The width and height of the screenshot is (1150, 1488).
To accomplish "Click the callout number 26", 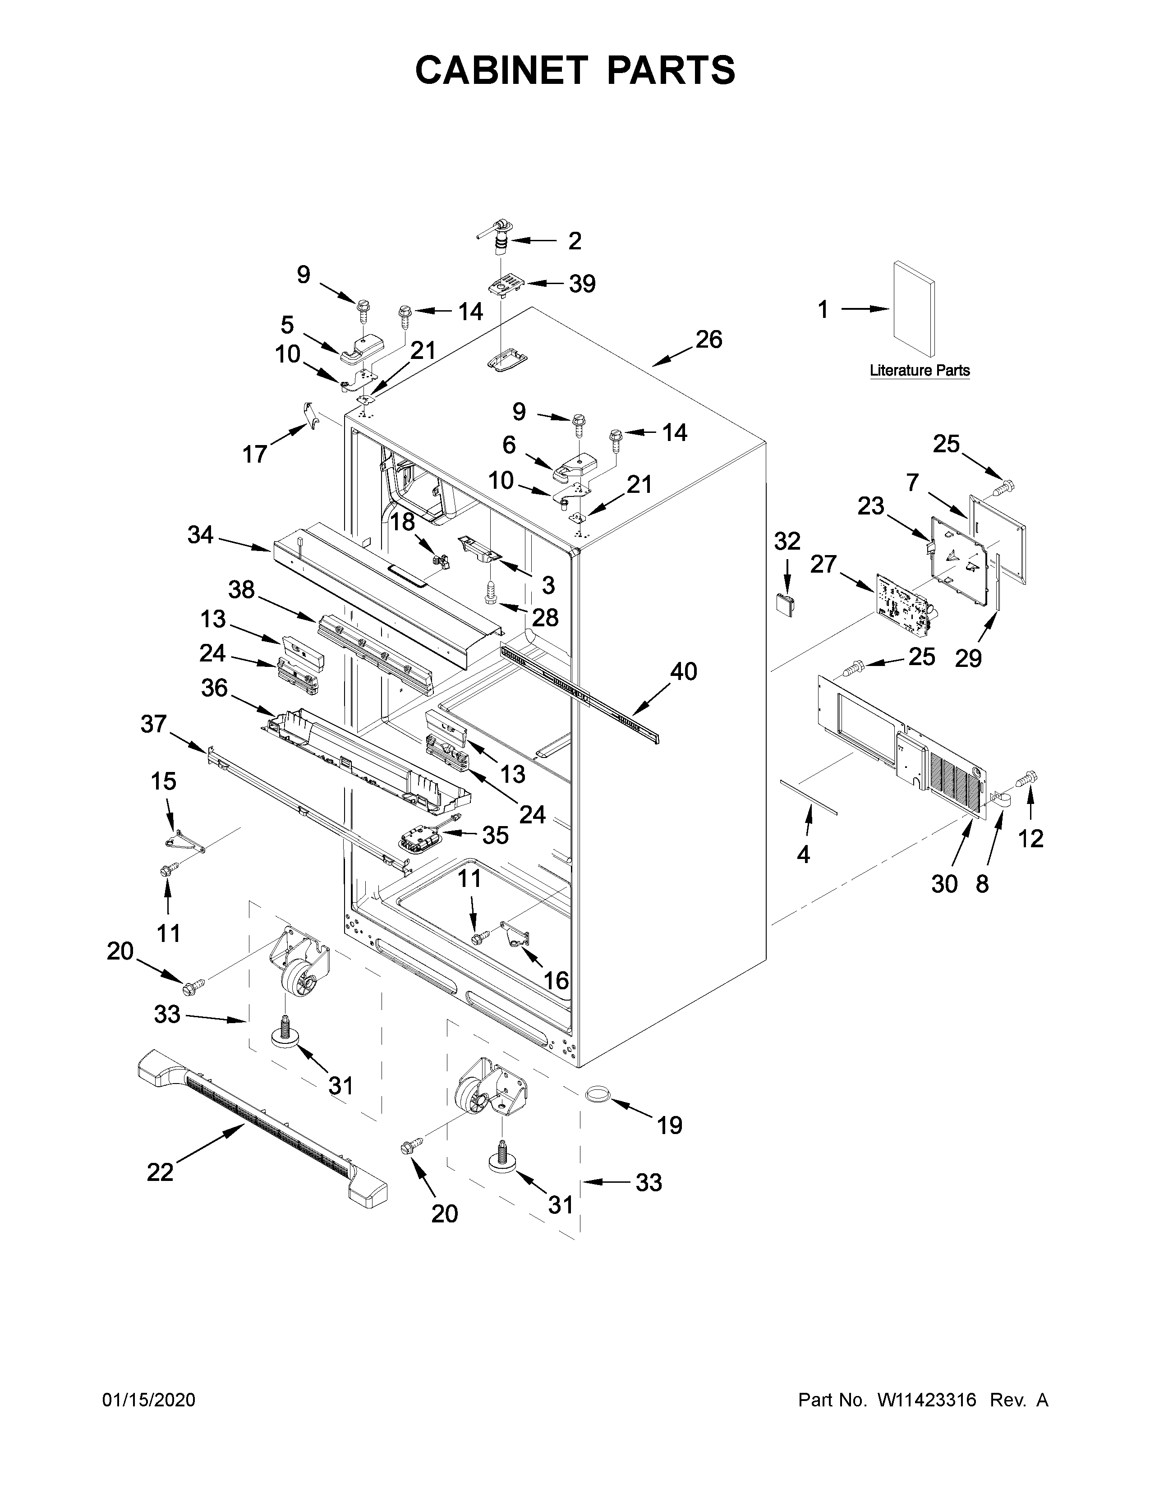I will [x=708, y=339].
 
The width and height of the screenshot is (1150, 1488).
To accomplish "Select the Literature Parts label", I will [x=919, y=371].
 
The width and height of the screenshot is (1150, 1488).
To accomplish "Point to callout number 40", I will [x=683, y=672].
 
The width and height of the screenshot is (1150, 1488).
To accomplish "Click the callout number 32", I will [x=787, y=541].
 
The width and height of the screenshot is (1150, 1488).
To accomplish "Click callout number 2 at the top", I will [x=574, y=240].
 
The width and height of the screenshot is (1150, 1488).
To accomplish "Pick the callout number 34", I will [x=200, y=536].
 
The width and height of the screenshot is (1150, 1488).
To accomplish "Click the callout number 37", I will [x=153, y=724].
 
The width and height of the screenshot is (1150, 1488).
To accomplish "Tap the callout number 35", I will [x=495, y=835].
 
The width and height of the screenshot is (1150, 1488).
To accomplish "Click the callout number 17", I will [x=255, y=453].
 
